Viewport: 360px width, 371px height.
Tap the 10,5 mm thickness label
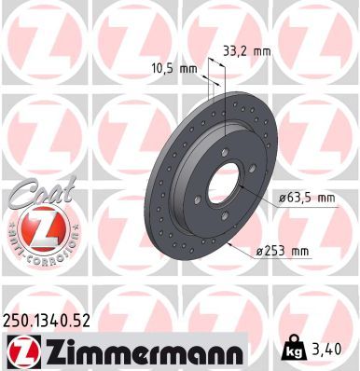(x=174, y=68)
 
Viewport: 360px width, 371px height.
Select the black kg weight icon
(x=293, y=350)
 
